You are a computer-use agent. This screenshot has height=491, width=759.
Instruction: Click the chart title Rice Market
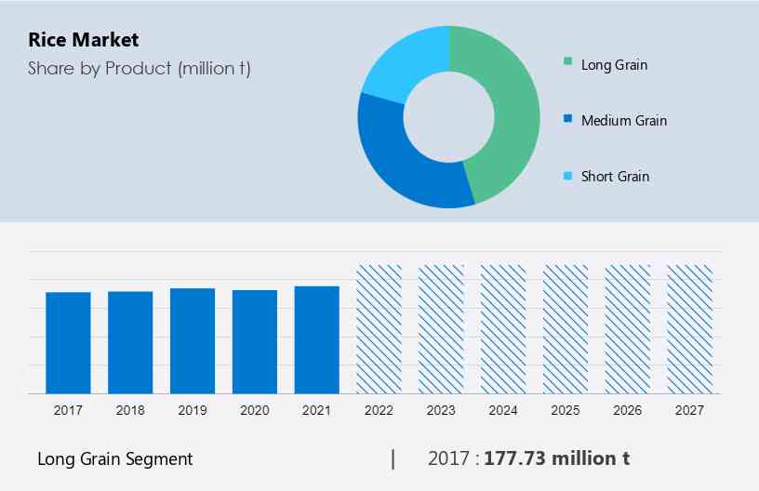click(83, 40)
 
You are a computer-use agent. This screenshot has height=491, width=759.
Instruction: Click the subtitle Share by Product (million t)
click(139, 68)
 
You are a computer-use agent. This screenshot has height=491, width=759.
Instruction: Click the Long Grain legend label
click(614, 65)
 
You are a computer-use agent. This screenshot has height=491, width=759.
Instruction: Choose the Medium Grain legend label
click(623, 121)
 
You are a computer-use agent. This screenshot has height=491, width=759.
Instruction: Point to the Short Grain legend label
click(615, 177)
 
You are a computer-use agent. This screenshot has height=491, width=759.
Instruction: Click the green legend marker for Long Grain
click(567, 63)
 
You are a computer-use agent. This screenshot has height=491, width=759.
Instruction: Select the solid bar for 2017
click(68, 342)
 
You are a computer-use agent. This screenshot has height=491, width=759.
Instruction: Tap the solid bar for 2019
click(193, 340)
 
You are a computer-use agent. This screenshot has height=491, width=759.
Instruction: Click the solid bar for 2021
click(317, 339)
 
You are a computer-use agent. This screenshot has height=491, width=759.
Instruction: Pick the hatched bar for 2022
click(379, 329)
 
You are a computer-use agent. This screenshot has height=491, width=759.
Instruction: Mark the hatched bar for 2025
click(566, 329)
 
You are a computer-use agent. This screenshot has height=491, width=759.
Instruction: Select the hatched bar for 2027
click(690, 329)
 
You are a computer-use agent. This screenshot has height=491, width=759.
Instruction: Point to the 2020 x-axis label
click(255, 410)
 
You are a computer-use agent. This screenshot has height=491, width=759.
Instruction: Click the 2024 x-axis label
click(503, 410)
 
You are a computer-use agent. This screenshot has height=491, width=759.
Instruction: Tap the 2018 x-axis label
click(130, 410)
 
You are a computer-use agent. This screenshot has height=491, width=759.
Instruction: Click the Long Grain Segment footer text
click(115, 459)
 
